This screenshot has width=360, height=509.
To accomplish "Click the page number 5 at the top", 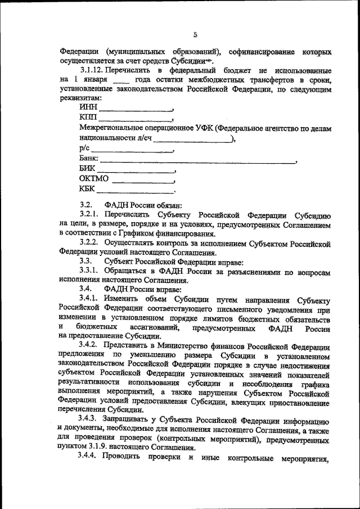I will click(x=195, y=34).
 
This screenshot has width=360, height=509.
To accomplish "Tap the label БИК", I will click(x=88, y=169).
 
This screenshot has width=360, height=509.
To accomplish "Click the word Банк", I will click(x=89, y=159).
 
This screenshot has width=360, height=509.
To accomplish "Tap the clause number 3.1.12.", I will click(x=93, y=70).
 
